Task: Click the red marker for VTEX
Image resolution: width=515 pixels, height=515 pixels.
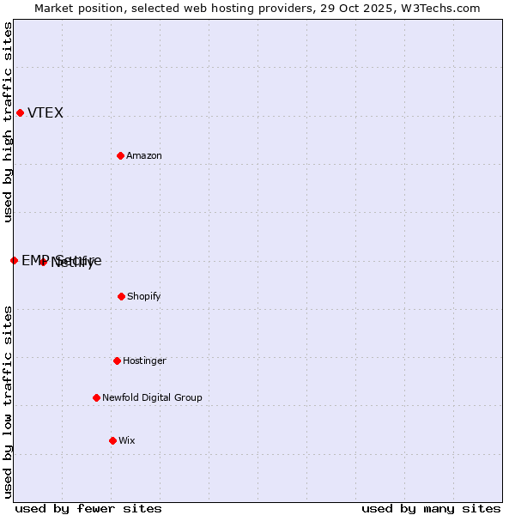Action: (20, 112)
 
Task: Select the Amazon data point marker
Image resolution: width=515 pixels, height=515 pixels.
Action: (120, 155)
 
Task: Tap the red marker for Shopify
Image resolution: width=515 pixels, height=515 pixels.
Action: (121, 296)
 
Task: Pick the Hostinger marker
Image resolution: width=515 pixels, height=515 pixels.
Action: (117, 360)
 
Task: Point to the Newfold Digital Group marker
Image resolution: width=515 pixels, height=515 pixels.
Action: (96, 397)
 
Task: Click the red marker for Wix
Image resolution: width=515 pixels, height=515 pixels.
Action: (112, 440)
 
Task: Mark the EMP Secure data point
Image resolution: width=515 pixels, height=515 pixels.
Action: (14, 260)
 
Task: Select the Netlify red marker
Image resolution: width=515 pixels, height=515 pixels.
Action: (43, 262)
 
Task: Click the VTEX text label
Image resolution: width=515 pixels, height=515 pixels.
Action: (45, 113)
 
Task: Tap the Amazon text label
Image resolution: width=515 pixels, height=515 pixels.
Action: (144, 156)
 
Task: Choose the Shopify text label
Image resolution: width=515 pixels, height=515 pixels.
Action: (143, 297)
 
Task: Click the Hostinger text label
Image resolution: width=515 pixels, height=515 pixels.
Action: (144, 361)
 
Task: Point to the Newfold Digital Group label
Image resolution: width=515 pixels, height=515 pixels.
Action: (152, 398)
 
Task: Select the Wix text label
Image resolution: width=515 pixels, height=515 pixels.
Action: (127, 441)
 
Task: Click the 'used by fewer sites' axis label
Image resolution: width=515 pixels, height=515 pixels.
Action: (88, 508)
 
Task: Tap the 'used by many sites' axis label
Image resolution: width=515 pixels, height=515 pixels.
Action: (431, 508)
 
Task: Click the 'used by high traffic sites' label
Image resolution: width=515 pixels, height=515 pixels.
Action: (8, 122)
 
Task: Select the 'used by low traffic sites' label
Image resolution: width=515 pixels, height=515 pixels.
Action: (8, 402)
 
